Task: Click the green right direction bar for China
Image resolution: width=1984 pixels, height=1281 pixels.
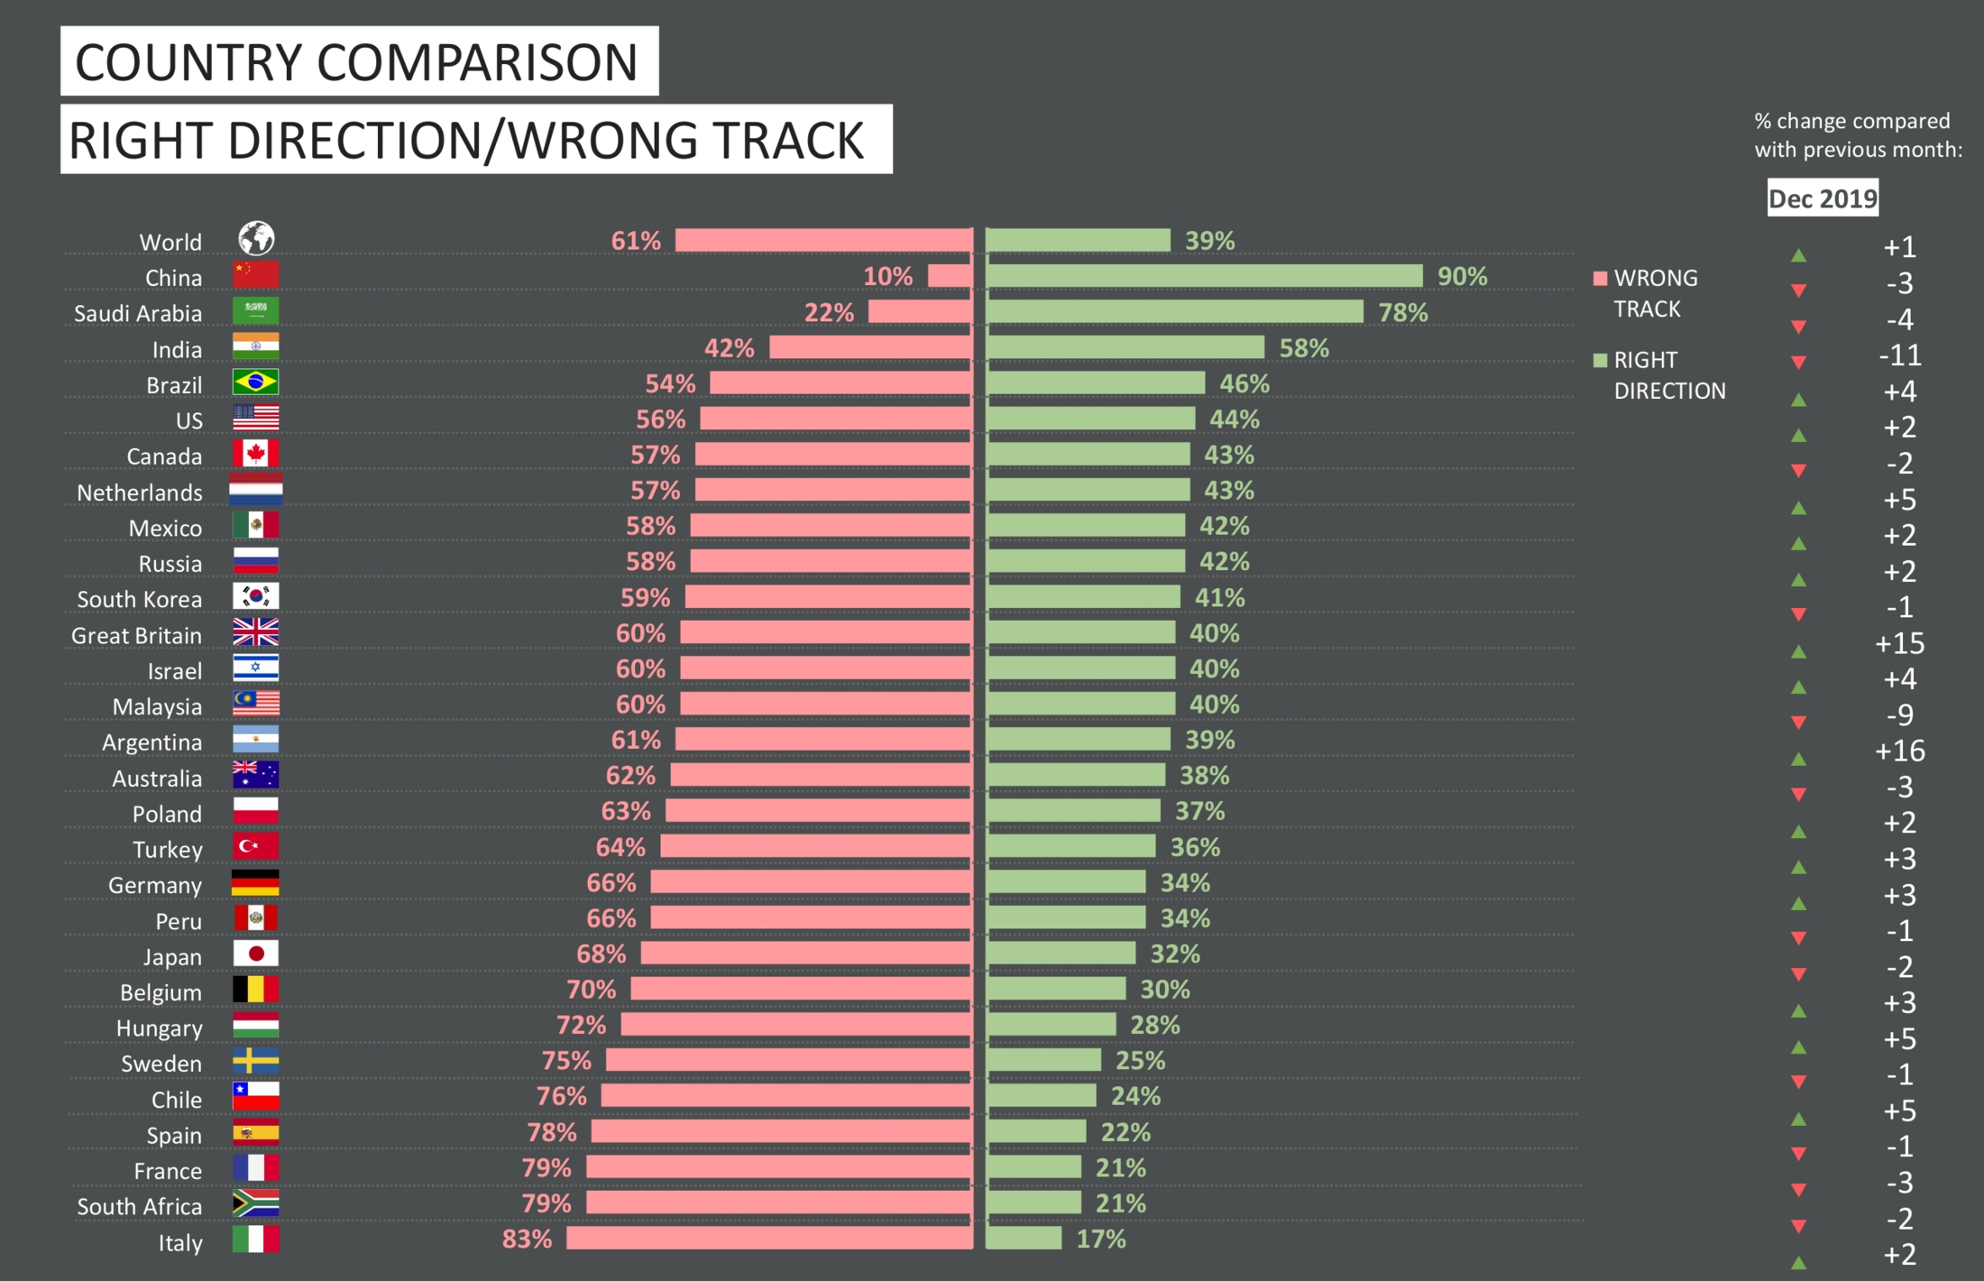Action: point(1205,276)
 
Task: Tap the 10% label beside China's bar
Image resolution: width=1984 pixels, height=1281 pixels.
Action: point(887,276)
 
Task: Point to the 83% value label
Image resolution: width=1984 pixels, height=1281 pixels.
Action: point(527,1239)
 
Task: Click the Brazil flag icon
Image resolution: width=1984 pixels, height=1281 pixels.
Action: point(255,382)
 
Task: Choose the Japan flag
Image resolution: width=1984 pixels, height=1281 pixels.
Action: point(255,954)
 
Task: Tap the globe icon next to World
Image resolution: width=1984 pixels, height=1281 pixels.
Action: point(256,239)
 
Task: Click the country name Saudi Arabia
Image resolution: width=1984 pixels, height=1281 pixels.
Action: point(138,314)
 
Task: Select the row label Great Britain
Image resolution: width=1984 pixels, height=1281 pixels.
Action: point(136,636)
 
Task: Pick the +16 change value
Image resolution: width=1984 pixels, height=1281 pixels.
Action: point(1899,751)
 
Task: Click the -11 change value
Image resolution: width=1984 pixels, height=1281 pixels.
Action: point(1899,355)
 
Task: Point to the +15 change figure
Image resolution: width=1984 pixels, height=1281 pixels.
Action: point(1899,643)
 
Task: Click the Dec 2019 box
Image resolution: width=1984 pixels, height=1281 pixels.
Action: point(1823,198)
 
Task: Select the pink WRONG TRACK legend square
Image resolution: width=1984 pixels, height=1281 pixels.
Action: point(1601,278)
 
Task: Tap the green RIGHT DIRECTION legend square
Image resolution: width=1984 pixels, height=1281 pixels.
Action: point(1601,360)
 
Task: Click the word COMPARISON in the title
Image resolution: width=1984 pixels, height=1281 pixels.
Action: point(477,62)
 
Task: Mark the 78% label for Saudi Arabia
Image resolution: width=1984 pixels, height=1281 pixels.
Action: point(1402,313)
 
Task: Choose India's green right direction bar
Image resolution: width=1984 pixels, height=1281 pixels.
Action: point(1125,347)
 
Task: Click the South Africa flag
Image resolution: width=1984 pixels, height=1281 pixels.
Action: point(255,1203)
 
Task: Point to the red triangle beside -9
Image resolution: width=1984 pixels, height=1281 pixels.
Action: point(1798,722)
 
